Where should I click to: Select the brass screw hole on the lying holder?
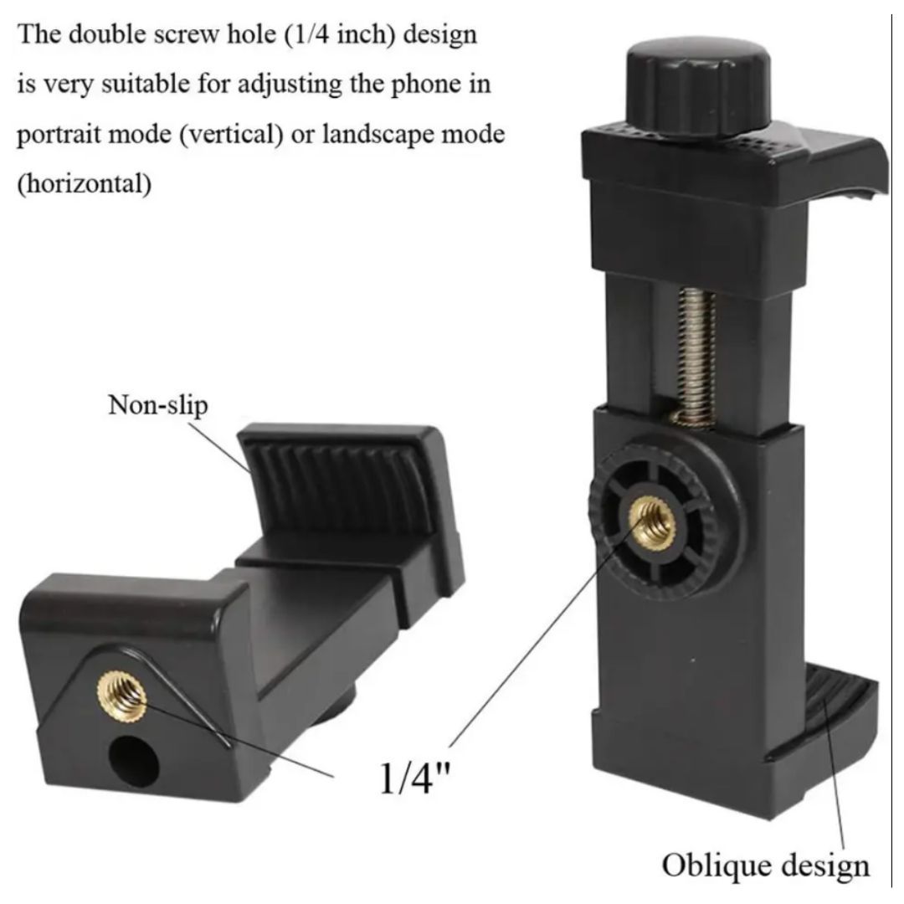(x=121, y=696)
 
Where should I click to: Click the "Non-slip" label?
(x=158, y=405)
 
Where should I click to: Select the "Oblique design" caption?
(x=766, y=866)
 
